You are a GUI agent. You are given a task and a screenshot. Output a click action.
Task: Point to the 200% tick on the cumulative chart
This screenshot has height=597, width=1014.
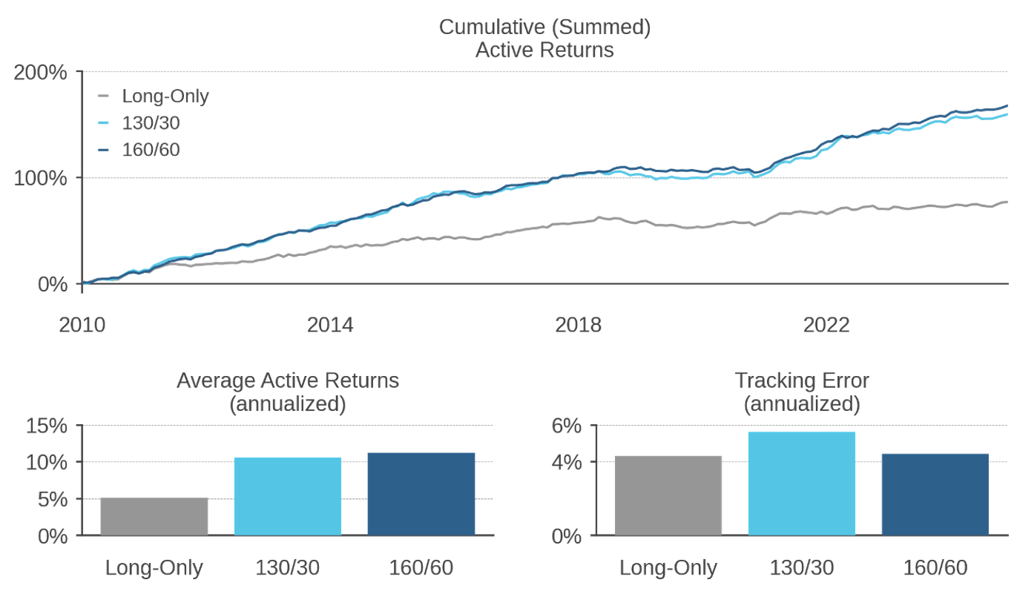click(40, 73)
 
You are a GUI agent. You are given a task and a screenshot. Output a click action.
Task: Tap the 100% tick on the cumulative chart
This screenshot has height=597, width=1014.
click(40, 179)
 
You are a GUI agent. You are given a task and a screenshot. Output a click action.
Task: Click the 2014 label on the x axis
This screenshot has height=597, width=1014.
click(330, 325)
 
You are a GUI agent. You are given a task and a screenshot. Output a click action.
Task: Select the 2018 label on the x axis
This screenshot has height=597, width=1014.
click(579, 325)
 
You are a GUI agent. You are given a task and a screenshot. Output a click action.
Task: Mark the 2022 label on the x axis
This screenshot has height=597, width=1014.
click(826, 325)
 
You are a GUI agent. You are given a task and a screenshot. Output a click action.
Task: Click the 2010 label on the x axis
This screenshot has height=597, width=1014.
click(82, 325)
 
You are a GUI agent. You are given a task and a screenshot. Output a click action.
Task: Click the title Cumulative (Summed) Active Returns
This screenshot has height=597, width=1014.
click(544, 39)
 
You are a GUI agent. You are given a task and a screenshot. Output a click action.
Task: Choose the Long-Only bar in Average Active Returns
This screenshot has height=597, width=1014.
click(154, 516)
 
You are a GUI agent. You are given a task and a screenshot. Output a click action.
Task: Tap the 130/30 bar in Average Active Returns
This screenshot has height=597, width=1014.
click(288, 496)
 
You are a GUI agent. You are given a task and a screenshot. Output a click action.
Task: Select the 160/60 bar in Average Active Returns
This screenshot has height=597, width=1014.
click(421, 494)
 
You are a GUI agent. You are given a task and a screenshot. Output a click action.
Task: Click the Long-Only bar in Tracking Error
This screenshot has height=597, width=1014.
click(668, 495)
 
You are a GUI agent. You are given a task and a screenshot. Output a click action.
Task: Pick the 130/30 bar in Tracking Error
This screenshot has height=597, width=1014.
click(802, 484)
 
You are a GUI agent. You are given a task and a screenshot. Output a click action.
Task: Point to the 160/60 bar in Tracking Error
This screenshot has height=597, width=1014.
click(935, 495)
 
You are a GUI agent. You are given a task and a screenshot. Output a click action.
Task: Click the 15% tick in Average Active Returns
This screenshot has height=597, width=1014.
click(47, 426)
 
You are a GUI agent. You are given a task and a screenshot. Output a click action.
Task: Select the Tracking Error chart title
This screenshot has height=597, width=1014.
click(802, 392)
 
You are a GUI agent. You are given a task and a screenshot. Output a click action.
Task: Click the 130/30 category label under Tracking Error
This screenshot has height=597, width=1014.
click(802, 568)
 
